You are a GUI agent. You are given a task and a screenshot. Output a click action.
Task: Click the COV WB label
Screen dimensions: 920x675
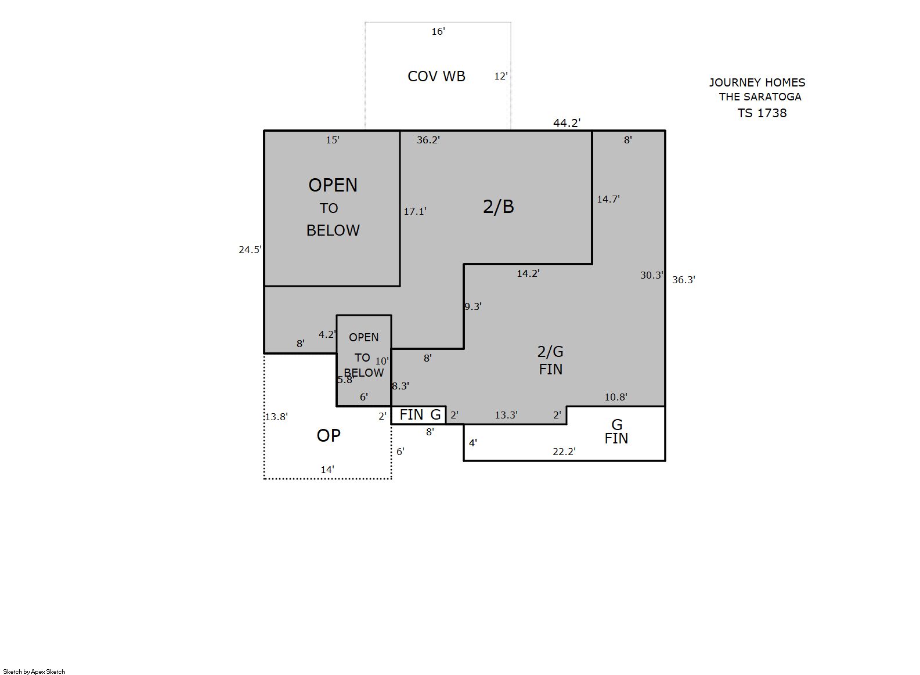pyautogui.click(x=436, y=77)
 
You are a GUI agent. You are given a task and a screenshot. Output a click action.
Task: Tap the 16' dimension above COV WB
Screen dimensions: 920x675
pyautogui.click(x=438, y=31)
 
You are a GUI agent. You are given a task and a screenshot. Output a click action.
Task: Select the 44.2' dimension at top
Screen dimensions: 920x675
pyautogui.click(x=567, y=123)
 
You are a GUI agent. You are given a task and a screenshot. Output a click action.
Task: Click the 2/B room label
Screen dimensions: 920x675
pyautogui.click(x=499, y=207)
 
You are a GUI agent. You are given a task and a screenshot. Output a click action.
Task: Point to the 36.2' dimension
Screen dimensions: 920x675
pyautogui.click(x=428, y=140)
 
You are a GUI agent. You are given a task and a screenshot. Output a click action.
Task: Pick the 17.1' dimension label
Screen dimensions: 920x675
pyautogui.click(x=415, y=211)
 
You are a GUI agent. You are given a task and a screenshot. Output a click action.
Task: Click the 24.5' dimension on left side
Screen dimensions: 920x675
pyautogui.click(x=250, y=250)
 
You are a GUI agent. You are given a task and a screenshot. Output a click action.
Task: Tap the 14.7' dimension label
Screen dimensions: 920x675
pyautogui.click(x=608, y=199)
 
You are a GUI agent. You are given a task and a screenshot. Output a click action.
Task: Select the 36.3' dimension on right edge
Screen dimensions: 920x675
pyautogui.click(x=684, y=280)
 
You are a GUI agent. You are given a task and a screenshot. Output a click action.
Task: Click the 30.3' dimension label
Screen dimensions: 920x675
pyautogui.click(x=652, y=276)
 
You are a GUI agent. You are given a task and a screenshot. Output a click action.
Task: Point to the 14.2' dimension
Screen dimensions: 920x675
pyautogui.click(x=528, y=273)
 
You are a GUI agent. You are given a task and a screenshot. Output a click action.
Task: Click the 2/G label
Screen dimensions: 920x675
pyautogui.click(x=550, y=352)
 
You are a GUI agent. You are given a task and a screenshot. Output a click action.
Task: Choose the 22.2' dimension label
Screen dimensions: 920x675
pyautogui.click(x=564, y=452)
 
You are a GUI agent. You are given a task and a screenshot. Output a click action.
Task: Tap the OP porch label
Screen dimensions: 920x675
pyautogui.click(x=329, y=436)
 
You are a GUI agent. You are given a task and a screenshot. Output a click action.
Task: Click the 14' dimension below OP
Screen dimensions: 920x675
pyautogui.click(x=327, y=470)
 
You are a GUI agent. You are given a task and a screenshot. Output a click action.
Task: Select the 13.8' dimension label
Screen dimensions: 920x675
pyautogui.click(x=276, y=417)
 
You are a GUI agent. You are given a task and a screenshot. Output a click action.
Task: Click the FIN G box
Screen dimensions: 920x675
pyautogui.click(x=418, y=415)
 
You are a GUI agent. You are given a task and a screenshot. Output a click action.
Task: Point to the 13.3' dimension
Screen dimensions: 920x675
pyautogui.click(x=506, y=415)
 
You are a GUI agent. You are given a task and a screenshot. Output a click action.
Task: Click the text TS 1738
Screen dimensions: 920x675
pyautogui.click(x=762, y=113)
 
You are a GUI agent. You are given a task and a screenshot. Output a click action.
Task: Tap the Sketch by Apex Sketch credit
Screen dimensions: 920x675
pyautogui.click(x=34, y=672)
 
